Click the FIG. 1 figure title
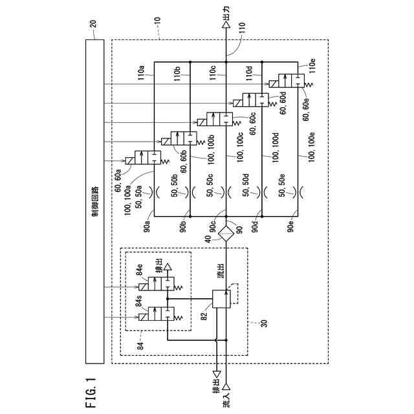[x=91, y=393]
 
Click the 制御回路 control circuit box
[x=95, y=201]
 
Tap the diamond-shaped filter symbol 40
[x=226, y=234]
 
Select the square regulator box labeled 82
[x=221, y=299]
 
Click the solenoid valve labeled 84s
[x=157, y=314]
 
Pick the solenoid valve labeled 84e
[x=157, y=284]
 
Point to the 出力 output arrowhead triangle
[x=226, y=25]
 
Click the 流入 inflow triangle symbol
[x=226, y=387]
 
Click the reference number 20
[x=93, y=24]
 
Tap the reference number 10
[x=157, y=21]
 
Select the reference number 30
[x=264, y=323]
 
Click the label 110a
[x=141, y=73]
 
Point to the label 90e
[x=290, y=227]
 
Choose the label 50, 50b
[x=175, y=186]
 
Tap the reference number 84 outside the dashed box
[x=140, y=345]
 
